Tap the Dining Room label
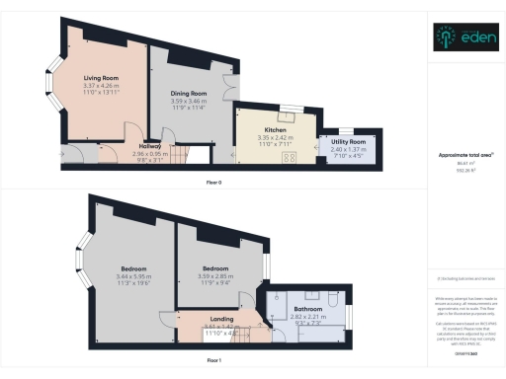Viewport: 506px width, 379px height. pos(185,93)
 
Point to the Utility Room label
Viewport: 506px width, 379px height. pos(349,142)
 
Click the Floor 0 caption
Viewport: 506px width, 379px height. pos(213,183)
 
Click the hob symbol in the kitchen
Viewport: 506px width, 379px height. pos(243,155)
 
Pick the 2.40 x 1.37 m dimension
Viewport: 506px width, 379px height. pos(349,150)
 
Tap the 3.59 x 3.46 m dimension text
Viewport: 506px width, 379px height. pos(186,101)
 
